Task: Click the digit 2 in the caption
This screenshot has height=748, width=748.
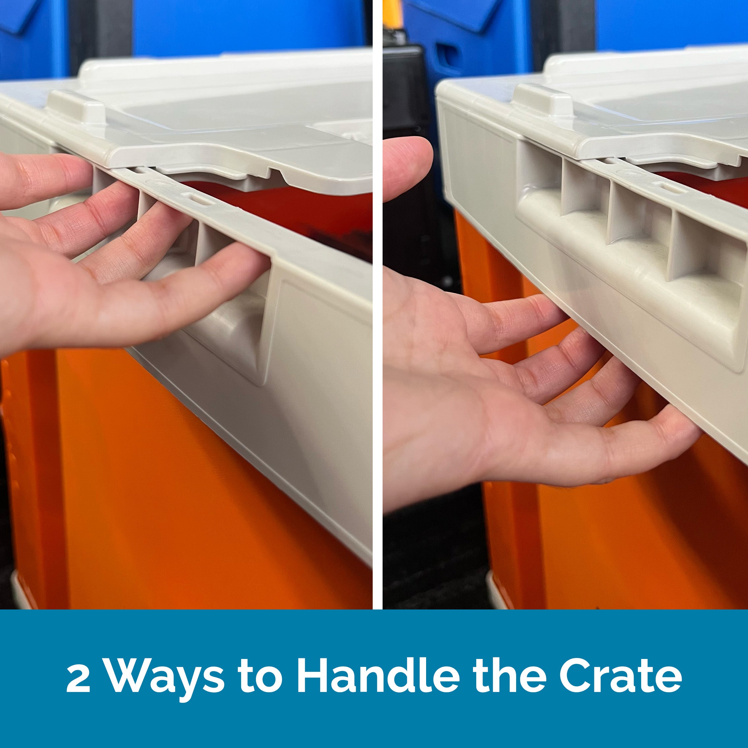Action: [x=78, y=677]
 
